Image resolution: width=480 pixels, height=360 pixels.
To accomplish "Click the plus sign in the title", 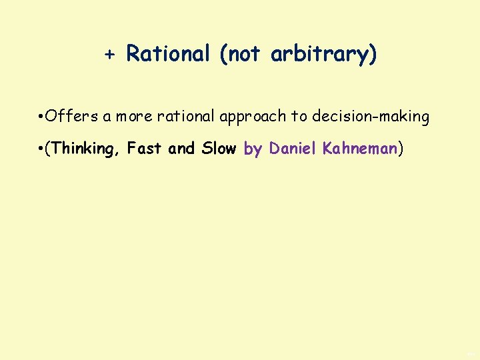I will point(110,55).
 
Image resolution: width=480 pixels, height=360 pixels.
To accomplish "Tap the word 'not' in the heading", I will point(243,54).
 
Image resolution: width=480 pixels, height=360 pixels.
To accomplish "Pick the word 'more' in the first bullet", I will point(136,117).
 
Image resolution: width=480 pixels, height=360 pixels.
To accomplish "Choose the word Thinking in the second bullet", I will point(83,149).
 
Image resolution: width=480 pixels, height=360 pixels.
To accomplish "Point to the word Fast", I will point(145,148).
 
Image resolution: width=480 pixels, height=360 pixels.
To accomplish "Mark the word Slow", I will point(219,148).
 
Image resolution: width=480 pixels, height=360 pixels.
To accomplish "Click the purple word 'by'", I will point(253,149).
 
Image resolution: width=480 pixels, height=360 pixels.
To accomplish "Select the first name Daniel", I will point(293,148).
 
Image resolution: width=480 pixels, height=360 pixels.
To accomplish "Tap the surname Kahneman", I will point(360,148).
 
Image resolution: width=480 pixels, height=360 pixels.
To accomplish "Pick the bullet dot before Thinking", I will point(41,149).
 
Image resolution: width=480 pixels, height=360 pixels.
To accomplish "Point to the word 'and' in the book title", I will point(181,148).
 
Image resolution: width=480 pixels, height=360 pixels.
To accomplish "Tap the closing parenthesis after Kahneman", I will point(401,149).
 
